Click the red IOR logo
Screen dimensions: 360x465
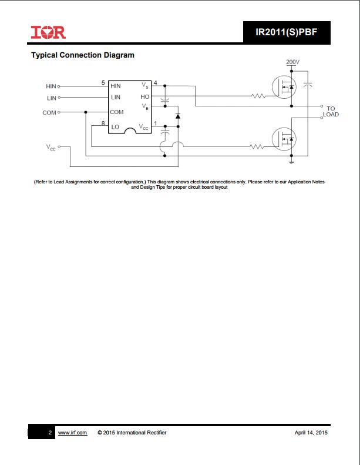(x=48, y=32)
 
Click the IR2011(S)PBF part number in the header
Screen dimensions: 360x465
(x=286, y=32)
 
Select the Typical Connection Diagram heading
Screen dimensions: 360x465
(x=83, y=55)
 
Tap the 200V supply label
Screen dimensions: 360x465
(x=292, y=62)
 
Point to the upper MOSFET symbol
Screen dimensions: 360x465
(x=284, y=87)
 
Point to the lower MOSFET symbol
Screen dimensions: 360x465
(x=284, y=139)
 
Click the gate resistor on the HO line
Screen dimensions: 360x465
(x=258, y=96)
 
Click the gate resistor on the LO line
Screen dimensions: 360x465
(x=257, y=146)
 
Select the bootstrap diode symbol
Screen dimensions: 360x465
(x=178, y=116)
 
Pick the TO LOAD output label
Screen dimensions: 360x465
(x=331, y=112)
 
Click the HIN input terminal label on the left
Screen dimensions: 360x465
(x=51, y=86)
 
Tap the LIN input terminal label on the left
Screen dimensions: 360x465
(x=52, y=98)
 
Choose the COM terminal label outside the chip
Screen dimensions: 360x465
(x=49, y=113)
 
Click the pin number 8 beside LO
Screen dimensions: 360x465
(x=103, y=123)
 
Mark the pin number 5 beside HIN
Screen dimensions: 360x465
(x=103, y=83)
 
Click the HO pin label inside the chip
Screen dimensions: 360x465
(x=145, y=96)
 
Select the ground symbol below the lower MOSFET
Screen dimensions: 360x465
(x=291, y=162)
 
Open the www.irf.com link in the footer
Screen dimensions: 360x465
(x=72, y=433)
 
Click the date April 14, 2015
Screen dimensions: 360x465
(x=311, y=433)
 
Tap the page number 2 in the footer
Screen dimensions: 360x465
(x=50, y=433)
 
